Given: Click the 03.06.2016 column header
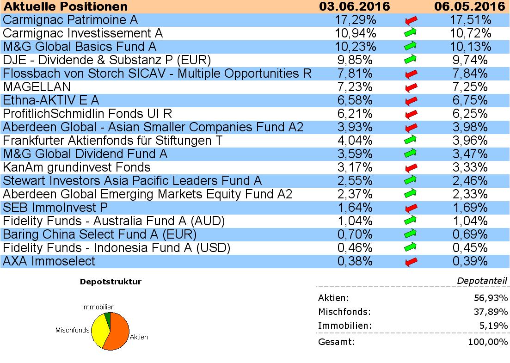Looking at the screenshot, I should click(355, 6).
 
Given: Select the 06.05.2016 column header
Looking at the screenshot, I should click(470, 6).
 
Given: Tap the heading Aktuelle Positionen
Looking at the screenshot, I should click(65, 6).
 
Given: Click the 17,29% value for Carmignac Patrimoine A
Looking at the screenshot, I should click(355, 20).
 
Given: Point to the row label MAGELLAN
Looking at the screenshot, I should click(37, 87).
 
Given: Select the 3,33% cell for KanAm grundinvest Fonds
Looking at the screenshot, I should click(470, 167).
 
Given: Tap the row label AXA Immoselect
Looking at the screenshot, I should click(49, 261).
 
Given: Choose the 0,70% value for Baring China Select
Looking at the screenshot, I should click(355, 234).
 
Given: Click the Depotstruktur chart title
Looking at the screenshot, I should click(111, 281).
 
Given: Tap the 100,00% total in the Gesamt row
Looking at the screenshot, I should click(489, 342).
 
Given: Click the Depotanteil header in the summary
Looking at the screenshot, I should click(482, 281).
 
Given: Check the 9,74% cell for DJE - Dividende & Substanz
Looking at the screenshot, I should click(470, 60).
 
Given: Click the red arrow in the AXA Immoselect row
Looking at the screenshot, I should click(411, 262).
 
